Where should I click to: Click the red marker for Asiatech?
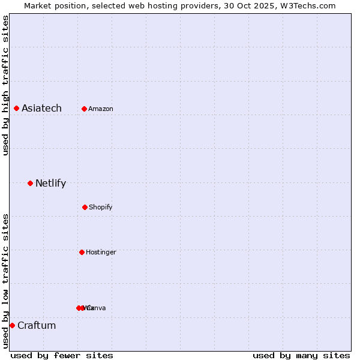point(16,108)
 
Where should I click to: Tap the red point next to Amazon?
point(84,109)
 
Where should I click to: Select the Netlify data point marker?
point(30,183)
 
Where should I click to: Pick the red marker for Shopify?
point(85,207)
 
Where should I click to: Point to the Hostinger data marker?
point(82,252)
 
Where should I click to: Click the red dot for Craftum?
point(12,325)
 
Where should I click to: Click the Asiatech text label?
point(41,109)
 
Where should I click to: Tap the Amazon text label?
point(101,109)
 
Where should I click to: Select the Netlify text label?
point(50,184)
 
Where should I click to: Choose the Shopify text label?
point(101,208)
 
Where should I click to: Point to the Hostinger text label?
point(101,253)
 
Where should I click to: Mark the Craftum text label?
point(37,326)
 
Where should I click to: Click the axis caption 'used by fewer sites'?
point(62,355)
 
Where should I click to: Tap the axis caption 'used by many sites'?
point(301,355)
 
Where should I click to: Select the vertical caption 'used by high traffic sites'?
point(6,85)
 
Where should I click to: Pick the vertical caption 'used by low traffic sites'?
point(6,281)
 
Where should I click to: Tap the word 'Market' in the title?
point(38,5)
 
